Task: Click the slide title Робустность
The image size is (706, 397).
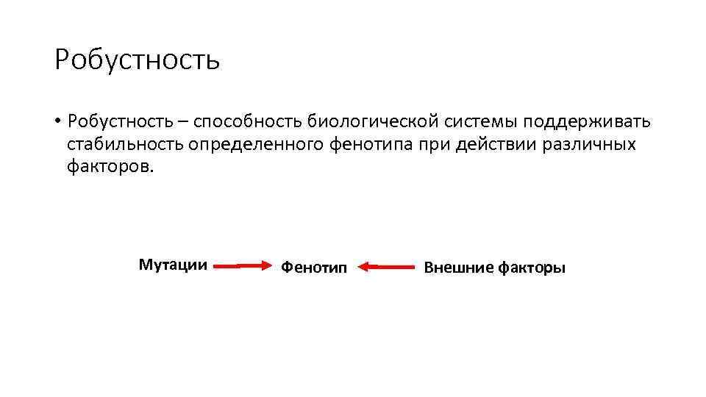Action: click(137, 60)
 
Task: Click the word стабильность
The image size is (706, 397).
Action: click(125, 143)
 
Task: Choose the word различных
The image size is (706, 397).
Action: click(588, 143)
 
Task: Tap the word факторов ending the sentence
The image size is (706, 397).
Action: click(111, 166)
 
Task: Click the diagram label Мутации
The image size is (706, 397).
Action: click(173, 265)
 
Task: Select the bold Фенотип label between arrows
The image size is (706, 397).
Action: click(313, 268)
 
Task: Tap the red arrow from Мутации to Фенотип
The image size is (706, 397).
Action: click(243, 267)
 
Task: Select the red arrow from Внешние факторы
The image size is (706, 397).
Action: click(390, 267)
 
